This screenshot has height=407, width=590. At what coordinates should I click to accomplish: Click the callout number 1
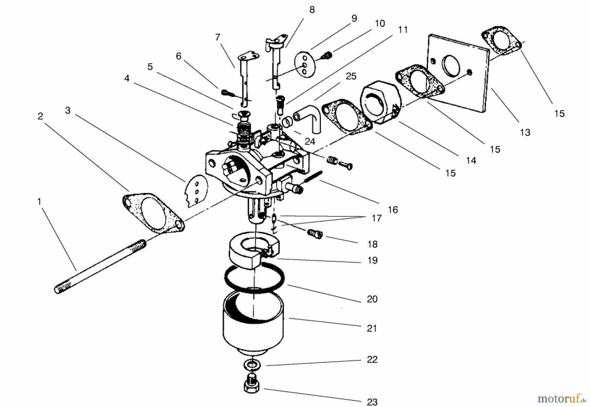click(x=39, y=202)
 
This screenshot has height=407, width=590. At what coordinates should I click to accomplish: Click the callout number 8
click(x=312, y=10)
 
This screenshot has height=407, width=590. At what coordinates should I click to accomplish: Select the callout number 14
click(x=471, y=160)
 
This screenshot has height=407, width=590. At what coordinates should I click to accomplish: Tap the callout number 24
click(x=309, y=141)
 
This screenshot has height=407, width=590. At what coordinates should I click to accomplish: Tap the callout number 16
click(x=393, y=209)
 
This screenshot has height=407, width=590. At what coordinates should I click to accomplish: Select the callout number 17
click(x=376, y=218)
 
